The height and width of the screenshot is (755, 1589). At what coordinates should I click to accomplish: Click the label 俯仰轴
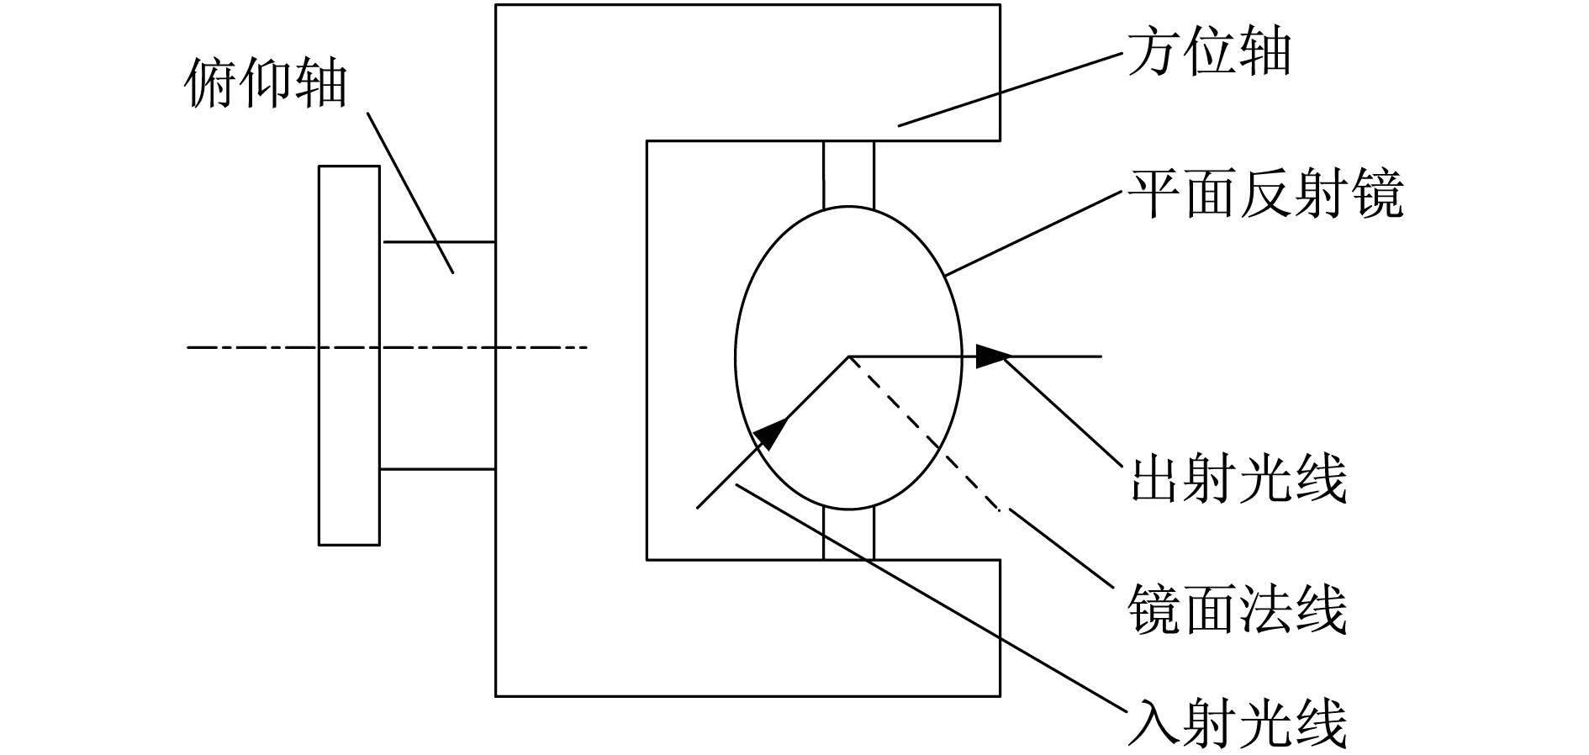[x=265, y=83]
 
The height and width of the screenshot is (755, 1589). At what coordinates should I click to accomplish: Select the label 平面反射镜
[x=1264, y=193]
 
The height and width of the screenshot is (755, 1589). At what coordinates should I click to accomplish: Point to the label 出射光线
[x=1238, y=478]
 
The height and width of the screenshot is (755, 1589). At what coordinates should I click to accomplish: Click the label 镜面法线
[x=1238, y=609]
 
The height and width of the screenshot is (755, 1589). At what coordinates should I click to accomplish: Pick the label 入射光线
[x=1238, y=723]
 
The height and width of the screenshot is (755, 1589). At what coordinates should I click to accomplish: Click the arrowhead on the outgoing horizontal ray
[x=993, y=356]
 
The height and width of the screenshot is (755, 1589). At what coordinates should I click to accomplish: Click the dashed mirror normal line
[x=924, y=433]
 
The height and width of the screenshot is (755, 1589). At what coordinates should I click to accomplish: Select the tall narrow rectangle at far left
[x=349, y=356]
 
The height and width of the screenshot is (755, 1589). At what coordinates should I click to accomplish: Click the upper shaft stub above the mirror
[x=848, y=174]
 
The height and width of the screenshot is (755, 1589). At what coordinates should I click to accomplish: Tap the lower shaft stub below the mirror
[x=848, y=534]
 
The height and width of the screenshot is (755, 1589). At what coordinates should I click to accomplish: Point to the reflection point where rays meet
[x=848, y=356]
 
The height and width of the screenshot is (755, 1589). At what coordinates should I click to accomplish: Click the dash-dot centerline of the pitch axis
[x=387, y=346]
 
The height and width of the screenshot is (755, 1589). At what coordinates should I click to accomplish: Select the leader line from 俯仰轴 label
[x=411, y=193]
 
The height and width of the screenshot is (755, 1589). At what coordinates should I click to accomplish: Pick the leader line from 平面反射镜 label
[x=1034, y=233]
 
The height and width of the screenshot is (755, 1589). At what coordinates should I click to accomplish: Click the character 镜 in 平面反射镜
[x=1375, y=193]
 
